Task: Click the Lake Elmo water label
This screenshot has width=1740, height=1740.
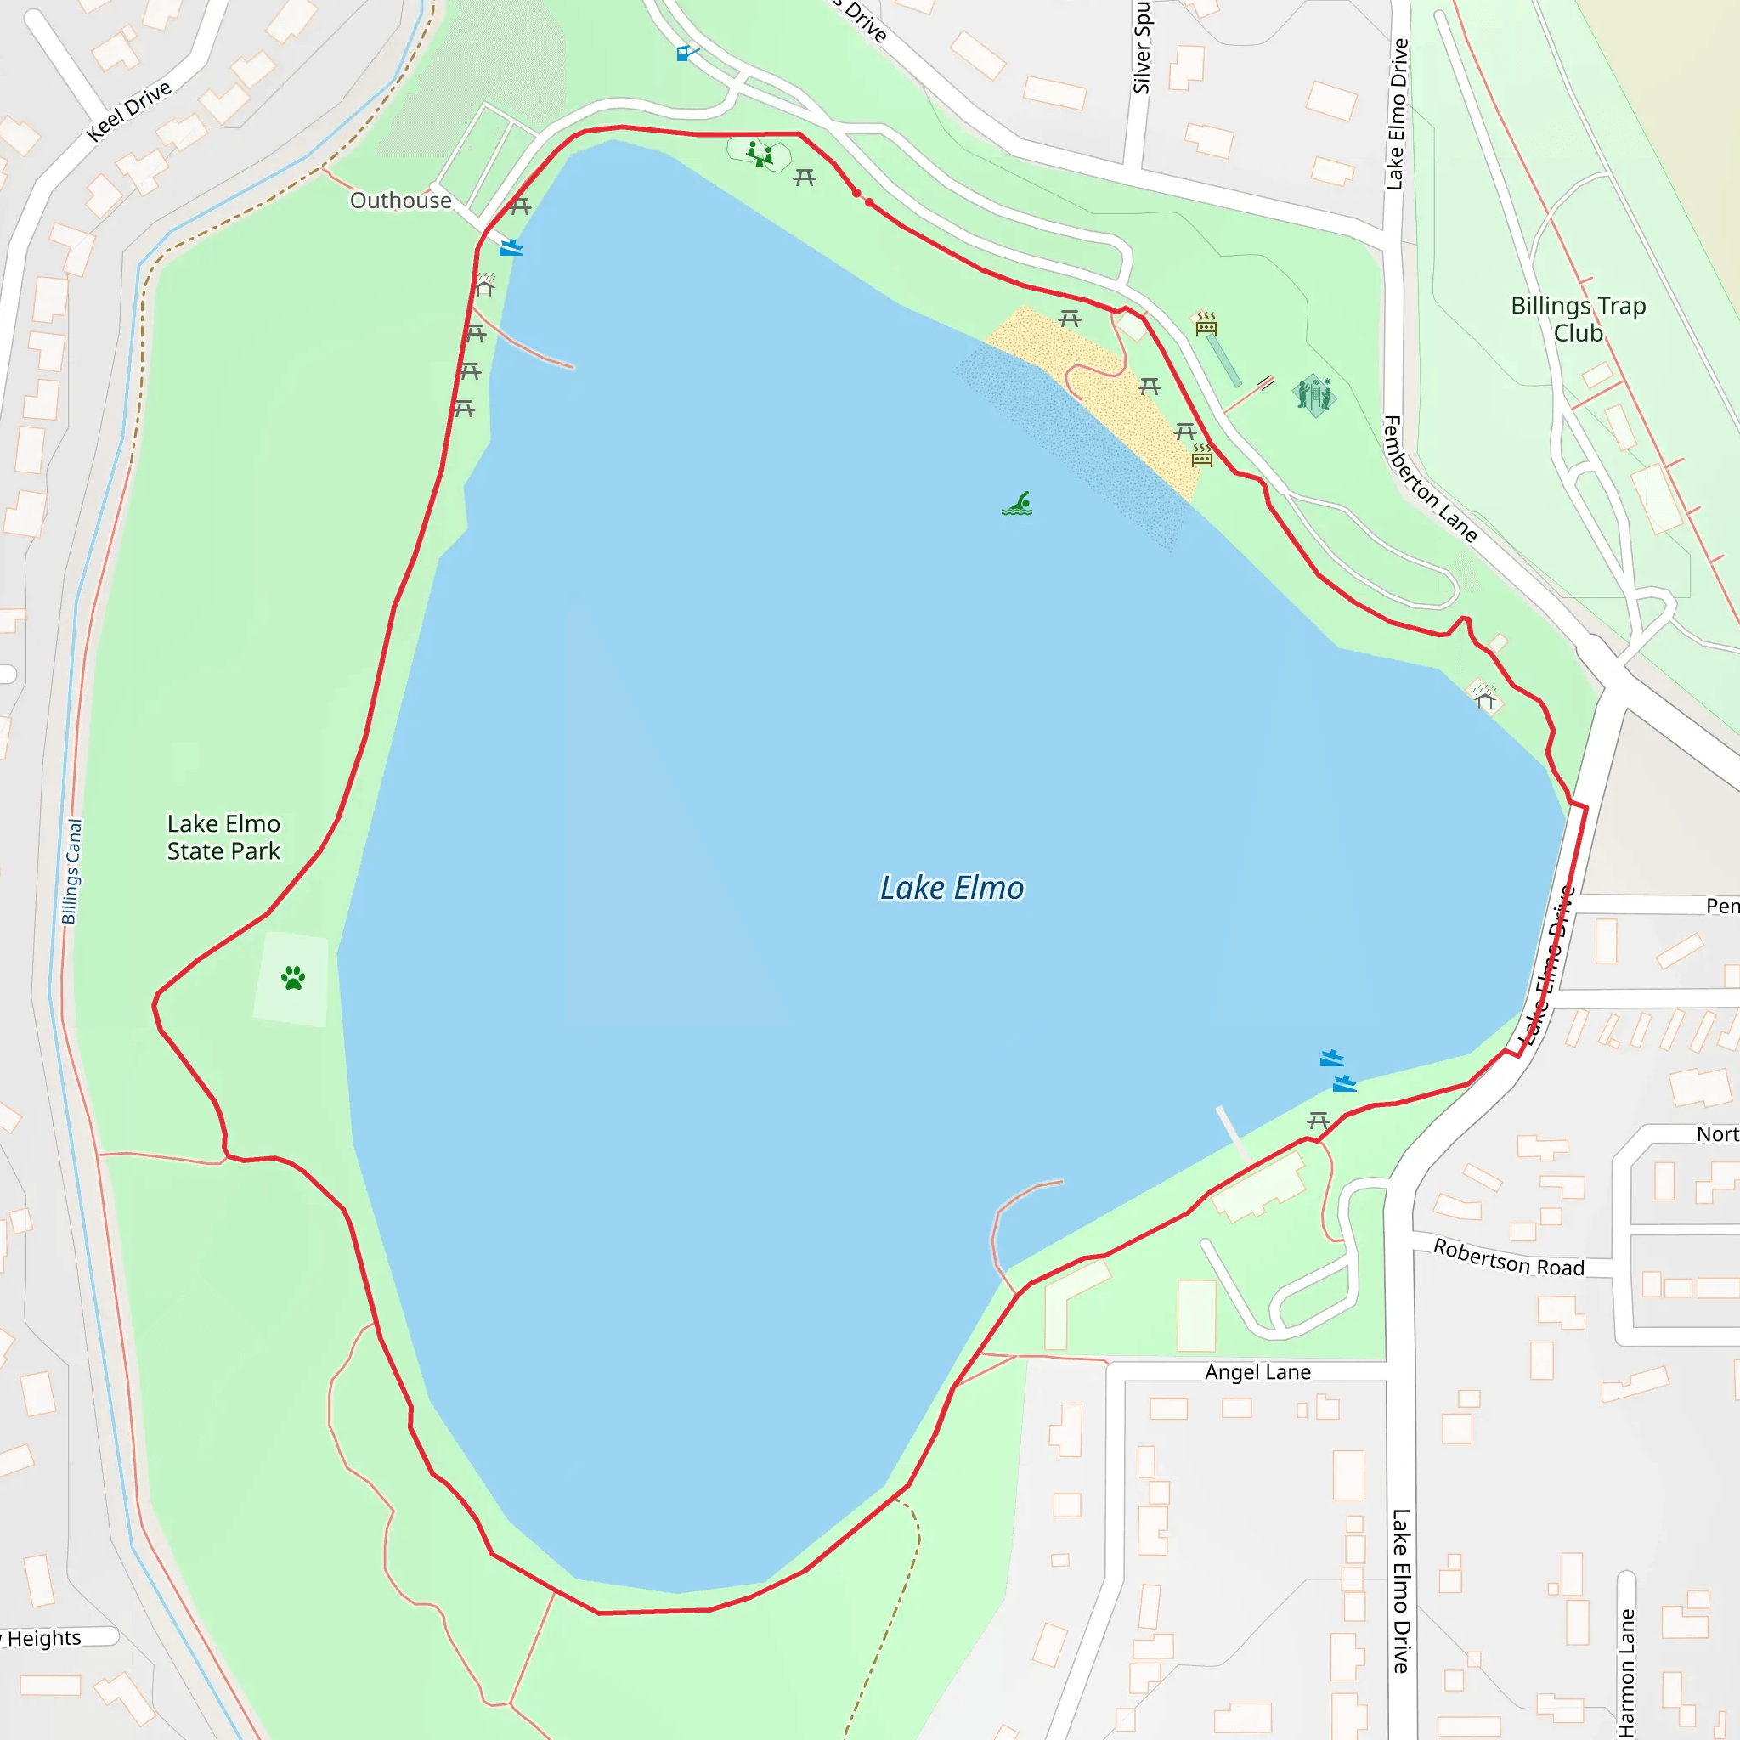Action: [x=951, y=888]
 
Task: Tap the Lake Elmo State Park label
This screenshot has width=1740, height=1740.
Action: [x=223, y=838]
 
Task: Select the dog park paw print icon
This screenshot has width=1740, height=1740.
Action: [x=293, y=978]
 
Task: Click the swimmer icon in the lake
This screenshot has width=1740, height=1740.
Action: [x=1018, y=505]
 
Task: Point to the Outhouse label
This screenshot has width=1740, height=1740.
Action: [x=401, y=201]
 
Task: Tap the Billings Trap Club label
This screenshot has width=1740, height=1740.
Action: [x=1578, y=319]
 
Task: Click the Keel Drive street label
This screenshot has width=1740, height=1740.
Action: [x=129, y=110]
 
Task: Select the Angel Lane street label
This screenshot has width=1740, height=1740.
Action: [x=1257, y=1373]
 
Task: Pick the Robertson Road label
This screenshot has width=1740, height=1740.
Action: [x=1509, y=1257]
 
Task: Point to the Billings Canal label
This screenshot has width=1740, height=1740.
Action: [x=72, y=871]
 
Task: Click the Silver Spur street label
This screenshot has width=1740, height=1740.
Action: [x=1142, y=47]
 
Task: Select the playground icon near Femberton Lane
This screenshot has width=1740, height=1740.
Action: [x=1313, y=394]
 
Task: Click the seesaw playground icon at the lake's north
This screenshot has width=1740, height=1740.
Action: [x=760, y=154]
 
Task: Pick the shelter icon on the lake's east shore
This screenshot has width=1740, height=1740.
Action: [x=1484, y=696]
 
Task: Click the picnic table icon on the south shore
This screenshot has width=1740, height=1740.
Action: [x=1319, y=1121]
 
